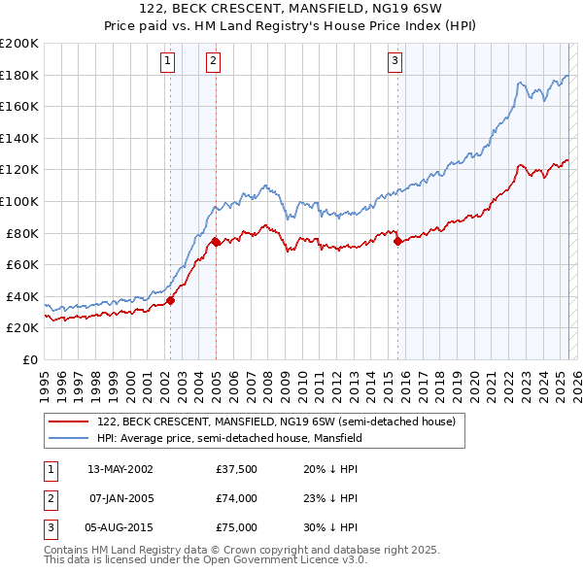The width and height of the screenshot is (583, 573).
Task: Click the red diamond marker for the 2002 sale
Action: (x=170, y=300)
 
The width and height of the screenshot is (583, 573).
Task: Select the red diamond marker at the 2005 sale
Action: (x=216, y=242)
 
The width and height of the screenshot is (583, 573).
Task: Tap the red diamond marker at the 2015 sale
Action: (x=397, y=241)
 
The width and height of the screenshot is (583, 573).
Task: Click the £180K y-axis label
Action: (x=19, y=75)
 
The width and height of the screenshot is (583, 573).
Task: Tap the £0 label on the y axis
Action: (x=29, y=359)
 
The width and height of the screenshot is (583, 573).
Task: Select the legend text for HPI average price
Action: (x=229, y=438)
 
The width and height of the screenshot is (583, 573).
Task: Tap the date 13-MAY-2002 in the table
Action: (x=120, y=468)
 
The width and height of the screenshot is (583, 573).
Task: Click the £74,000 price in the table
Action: (x=237, y=498)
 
